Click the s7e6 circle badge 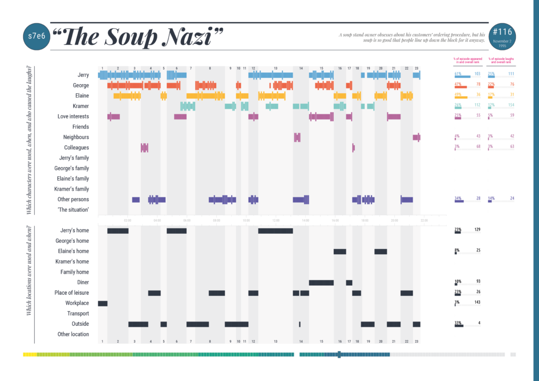click(x=34, y=37)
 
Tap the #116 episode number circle click(x=503, y=37)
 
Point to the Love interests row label click(x=73, y=116)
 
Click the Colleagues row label click(x=76, y=148)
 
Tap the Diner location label click(x=82, y=282)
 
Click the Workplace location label click(x=77, y=303)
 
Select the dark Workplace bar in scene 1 click(x=103, y=303)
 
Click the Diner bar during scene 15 click(x=321, y=283)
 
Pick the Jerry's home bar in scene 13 click(x=275, y=230)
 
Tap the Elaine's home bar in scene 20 click(x=381, y=252)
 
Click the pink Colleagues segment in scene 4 click(x=145, y=148)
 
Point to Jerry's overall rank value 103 click(x=477, y=74)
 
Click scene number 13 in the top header click(x=275, y=68)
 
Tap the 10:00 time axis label click(x=246, y=220)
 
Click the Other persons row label click(x=73, y=199)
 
